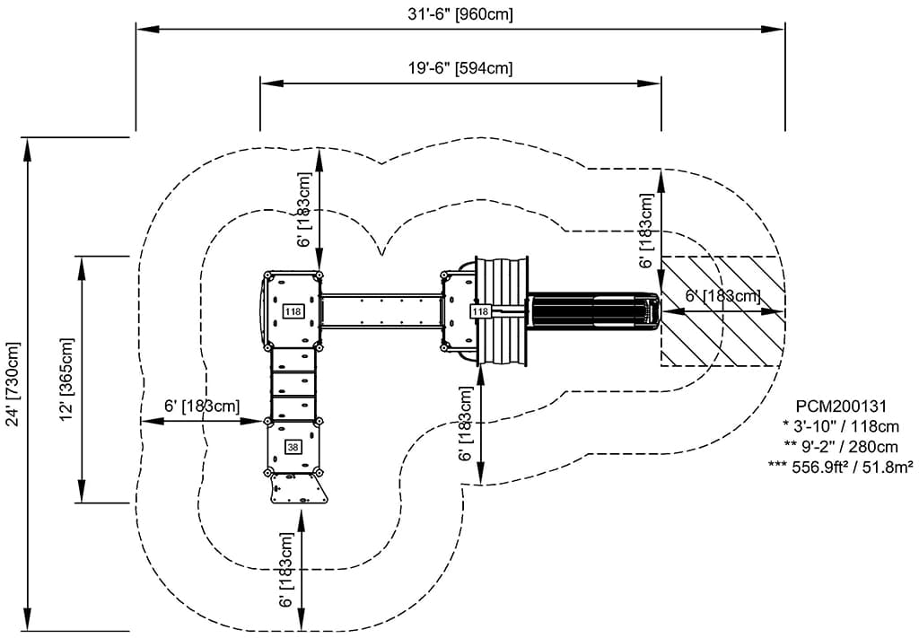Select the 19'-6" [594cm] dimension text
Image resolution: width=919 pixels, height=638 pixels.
460,68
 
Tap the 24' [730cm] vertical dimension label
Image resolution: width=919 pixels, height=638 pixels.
13,384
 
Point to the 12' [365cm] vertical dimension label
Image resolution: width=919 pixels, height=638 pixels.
68,379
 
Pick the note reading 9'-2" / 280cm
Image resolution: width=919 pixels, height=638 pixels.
840,447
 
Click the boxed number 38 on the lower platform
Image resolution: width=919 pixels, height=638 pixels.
293,447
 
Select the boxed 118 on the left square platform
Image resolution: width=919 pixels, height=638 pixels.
293,311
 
